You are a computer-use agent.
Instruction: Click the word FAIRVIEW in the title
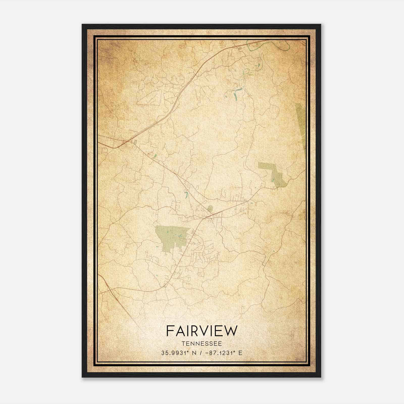[x=202, y=331]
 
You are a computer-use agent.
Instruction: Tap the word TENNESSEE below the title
[x=202, y=344]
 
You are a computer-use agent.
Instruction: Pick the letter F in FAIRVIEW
[x=170, y=331]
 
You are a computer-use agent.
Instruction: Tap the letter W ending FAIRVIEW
[x=231, y=331]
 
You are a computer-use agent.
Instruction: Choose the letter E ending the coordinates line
[x=240, y=353]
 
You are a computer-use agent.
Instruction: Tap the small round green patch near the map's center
[x=210, y=208]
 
